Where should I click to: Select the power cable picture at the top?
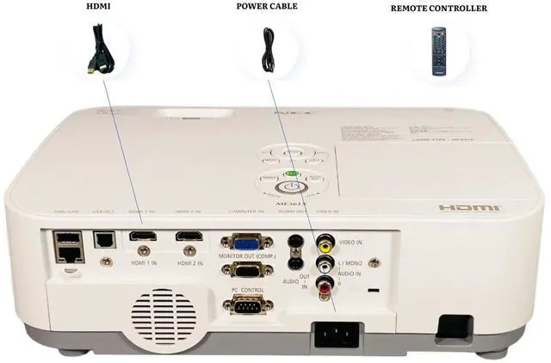click(268, 50)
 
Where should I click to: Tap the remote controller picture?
click(439, 51)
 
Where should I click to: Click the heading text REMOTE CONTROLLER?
click(438, 9)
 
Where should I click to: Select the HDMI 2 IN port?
click(188, 236)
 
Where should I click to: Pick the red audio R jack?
click(325, 282)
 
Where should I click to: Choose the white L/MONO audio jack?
click(325, 262)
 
